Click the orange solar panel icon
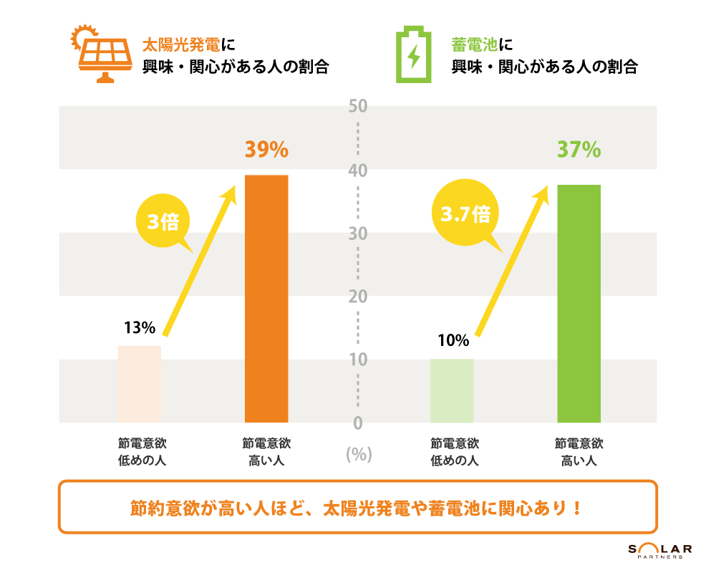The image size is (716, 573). [x=102, y=54]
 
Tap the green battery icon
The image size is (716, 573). [x=414, y=55]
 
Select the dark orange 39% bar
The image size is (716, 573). [x=266, y=299]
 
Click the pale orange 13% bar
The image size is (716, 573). [x=140, y=384]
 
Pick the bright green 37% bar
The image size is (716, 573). [x=579, y=304]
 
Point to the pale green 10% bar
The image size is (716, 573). [x=452, y=390]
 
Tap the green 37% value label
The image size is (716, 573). [x=579, y=150]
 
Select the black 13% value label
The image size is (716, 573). [x=140, y=329]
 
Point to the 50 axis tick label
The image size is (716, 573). [x=358, y=107]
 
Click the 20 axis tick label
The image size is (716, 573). [x=358, y=297]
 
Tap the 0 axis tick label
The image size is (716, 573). [x=358, y=423]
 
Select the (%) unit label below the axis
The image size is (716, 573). [x=358, y=454]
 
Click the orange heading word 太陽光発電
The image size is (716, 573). [x=181, y=44]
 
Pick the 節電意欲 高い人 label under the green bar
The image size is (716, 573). [x=579, y=452]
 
